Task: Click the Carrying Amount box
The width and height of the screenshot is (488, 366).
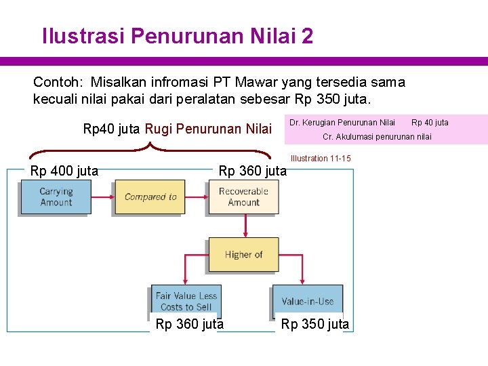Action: point(56,197)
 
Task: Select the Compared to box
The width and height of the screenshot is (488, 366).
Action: point(150,197)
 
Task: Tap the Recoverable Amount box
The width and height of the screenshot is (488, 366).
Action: point(243,197)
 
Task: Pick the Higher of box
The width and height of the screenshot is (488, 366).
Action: point(243,255)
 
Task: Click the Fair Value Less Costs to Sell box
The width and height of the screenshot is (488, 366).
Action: point(186,301)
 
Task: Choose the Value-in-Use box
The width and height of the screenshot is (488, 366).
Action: point(308,301)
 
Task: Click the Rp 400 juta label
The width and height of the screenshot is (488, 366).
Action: point(64,171)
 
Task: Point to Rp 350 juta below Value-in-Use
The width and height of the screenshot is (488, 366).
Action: point(315,324)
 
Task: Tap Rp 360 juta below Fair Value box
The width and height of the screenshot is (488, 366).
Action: point(190,324)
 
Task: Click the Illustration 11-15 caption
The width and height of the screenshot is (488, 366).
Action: point(321,159)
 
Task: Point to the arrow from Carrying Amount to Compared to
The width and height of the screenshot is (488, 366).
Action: point(102,197)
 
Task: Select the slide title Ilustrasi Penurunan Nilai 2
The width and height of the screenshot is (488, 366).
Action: point(178,35)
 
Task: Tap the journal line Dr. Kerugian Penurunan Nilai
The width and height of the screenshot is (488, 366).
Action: point(342,123)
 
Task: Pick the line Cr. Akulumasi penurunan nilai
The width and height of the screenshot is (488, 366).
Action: point(377,137)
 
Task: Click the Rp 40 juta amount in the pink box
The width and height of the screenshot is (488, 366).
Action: point(430,123)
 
